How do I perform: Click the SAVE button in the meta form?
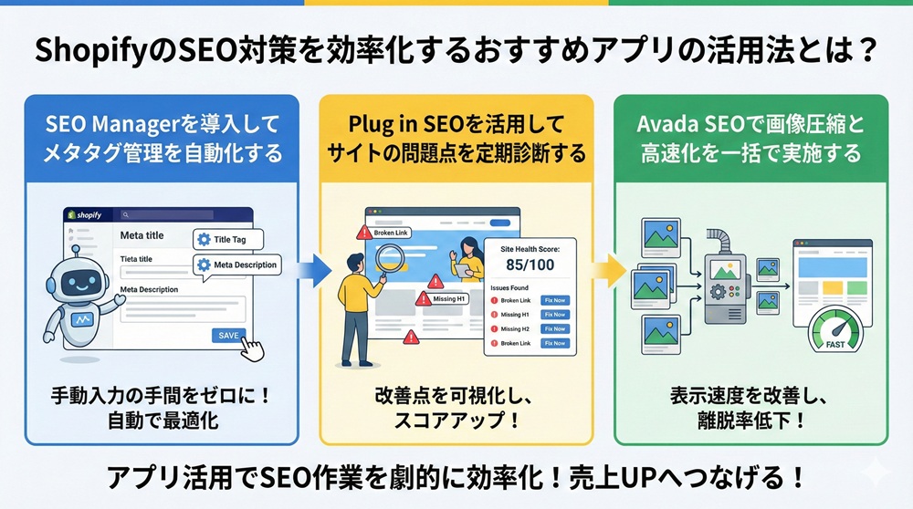[228, 335]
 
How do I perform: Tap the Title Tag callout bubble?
[227, 239]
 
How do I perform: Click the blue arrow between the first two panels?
[313, 269]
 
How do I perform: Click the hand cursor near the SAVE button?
[251, 349]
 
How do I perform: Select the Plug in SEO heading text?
[456, 122]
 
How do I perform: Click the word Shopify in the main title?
[90, 50]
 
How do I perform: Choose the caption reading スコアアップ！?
[456, 422]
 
